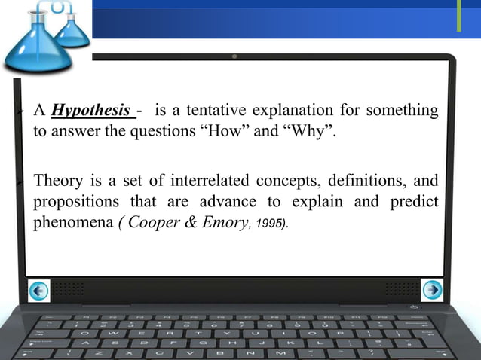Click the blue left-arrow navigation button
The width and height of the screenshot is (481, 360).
(39, 289)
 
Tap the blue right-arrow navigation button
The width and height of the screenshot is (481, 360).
(432, 289)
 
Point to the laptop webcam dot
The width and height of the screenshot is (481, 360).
(236, 56)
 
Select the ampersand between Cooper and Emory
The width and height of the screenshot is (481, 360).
(185, 225)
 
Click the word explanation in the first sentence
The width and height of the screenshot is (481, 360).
(310, 111)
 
